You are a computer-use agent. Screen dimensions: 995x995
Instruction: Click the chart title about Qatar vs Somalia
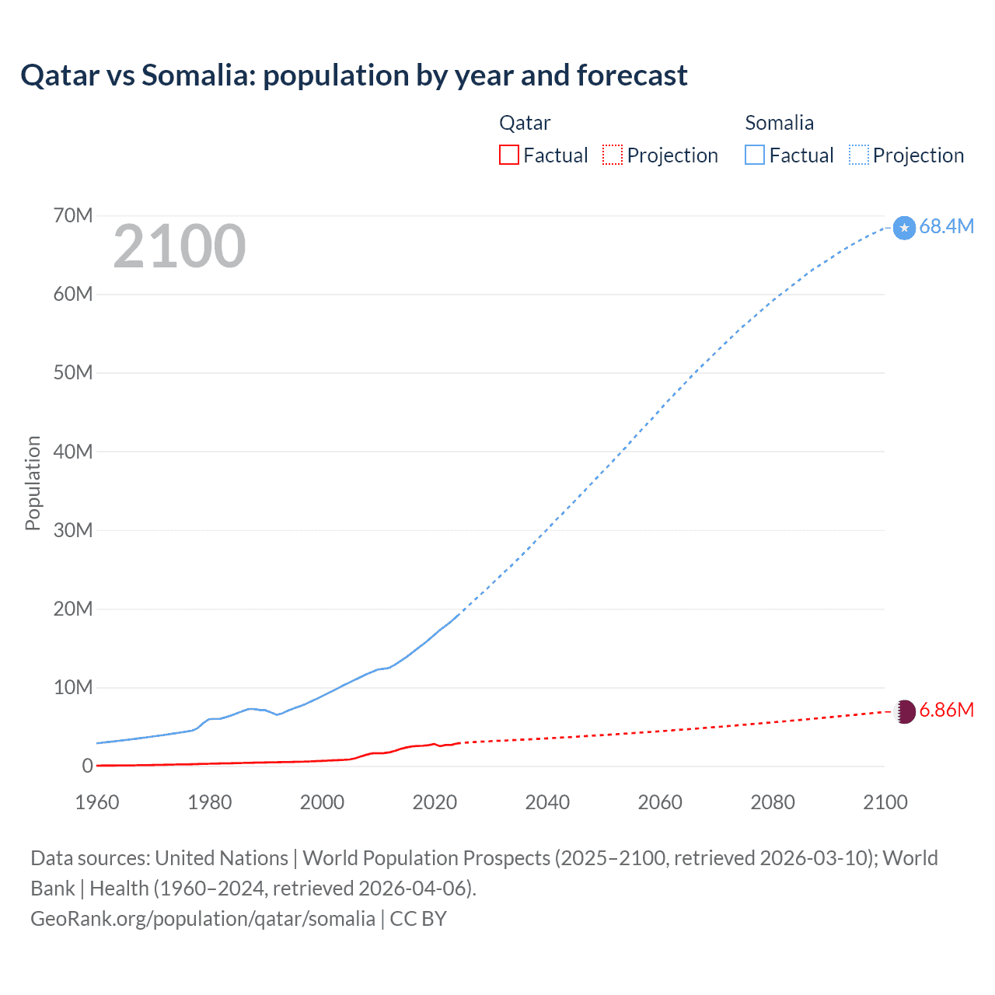[354, 75]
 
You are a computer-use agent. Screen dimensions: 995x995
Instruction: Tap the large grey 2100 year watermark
[180, 246]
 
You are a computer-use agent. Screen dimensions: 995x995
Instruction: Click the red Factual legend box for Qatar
[508, 155]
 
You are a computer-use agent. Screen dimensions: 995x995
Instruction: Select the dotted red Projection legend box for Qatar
[613, 155]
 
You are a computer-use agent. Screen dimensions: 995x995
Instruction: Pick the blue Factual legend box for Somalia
[754, 155]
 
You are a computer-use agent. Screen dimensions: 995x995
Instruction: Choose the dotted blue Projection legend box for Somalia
[858, 155]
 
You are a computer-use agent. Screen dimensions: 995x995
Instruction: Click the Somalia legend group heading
[779, 123]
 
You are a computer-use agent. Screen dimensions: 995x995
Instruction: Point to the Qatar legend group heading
[525, 123]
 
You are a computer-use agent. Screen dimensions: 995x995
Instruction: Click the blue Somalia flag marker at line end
[904, 228]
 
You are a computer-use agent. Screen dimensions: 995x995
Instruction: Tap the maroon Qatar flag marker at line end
[904, 710]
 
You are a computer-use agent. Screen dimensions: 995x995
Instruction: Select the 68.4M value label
[946, 226]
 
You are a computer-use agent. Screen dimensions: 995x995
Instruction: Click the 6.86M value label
[946, 710]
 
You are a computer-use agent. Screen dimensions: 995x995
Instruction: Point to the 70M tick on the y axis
[73, 215]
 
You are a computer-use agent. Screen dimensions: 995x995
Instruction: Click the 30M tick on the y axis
[73, 530]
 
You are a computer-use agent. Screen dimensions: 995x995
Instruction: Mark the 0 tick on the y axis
[87, 766]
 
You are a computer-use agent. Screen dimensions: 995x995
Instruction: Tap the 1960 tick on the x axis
[97, 802]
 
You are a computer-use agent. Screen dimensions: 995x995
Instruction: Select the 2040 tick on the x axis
[547, 802]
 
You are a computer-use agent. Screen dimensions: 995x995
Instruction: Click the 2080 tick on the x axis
[773, 802]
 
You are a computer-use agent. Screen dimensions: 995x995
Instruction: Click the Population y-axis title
[33, 483]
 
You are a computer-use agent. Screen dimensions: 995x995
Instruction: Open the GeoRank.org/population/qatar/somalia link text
[203, 919]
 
